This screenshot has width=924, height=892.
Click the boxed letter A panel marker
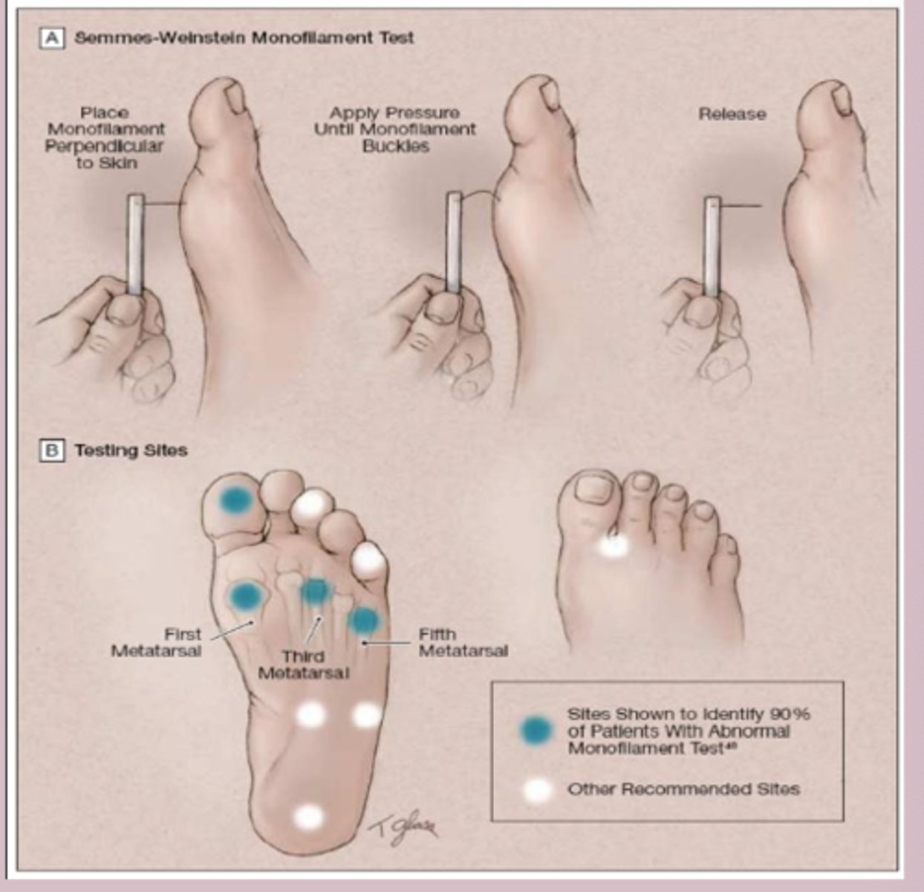51,38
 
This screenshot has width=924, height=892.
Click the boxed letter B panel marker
51,450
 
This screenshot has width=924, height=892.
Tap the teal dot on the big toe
235,500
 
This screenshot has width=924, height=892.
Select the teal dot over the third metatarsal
316,591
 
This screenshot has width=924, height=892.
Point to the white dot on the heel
308,817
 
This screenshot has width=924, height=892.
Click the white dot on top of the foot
614,546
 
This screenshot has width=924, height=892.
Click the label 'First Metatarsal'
157,643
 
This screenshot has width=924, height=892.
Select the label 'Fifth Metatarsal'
463,643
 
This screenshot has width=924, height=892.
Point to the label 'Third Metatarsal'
303,665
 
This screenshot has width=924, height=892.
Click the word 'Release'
732,114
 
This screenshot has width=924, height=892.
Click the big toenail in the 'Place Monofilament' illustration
237,97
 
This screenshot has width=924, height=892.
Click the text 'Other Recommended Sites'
683,789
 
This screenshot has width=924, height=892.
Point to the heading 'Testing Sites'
131,450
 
